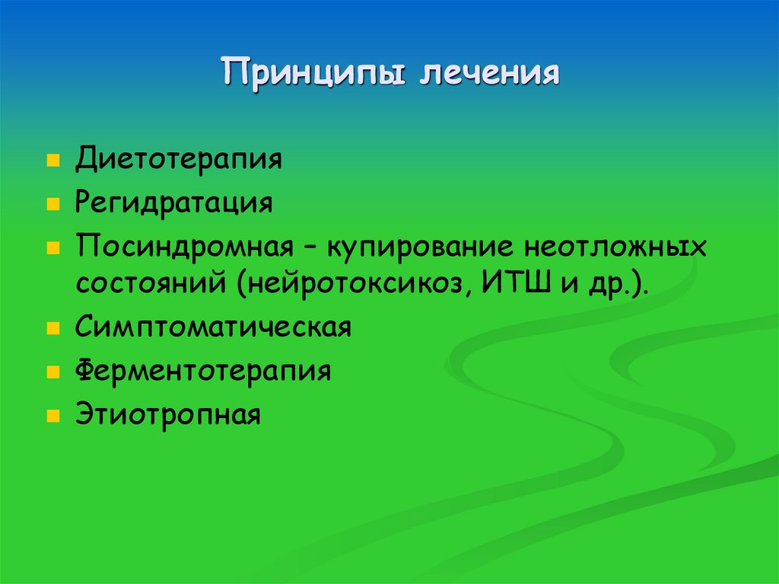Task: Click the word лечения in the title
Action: coord(487,73)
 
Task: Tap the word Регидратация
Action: coord(173,204)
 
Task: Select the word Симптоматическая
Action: coord(213,328)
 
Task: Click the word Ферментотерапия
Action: coord(203,372)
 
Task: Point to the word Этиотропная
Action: coord(168,415)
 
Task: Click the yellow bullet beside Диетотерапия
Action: coord(52,162)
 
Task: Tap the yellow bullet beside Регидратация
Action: coord(52,205)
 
